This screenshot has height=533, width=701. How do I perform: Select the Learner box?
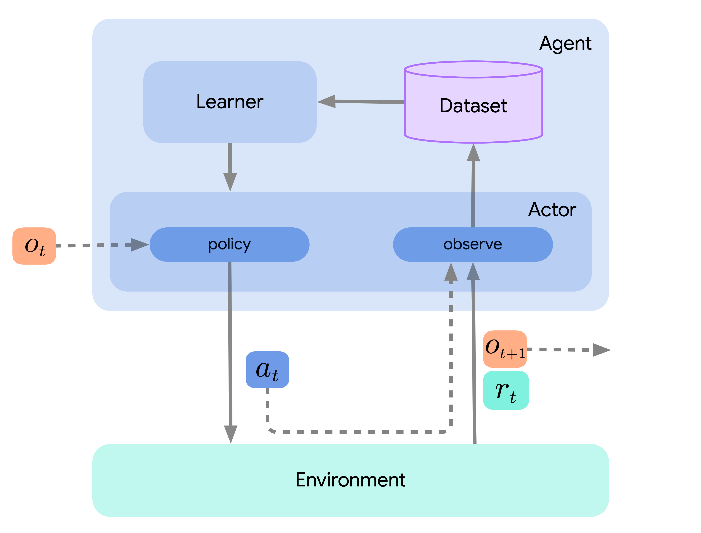[x=230, y=102]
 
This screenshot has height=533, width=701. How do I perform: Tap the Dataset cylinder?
[x=473, y=106]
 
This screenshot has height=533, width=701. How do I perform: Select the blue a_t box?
[x=267, y=370]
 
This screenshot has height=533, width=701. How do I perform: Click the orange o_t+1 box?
[x=505, y=349]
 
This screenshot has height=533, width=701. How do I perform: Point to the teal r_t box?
[x=506, y=390]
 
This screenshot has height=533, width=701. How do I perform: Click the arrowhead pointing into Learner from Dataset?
[x=327, y=101]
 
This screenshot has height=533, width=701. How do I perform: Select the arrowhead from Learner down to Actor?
[x=230, y=182]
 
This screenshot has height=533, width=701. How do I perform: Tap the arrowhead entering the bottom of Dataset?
[x=473, y=153]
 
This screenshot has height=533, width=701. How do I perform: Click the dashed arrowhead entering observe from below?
[x=451, y=272]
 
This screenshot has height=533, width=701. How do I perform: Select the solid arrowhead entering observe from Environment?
[x=473, y=272]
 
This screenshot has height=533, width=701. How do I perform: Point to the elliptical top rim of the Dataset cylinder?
[x=473, y=69]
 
